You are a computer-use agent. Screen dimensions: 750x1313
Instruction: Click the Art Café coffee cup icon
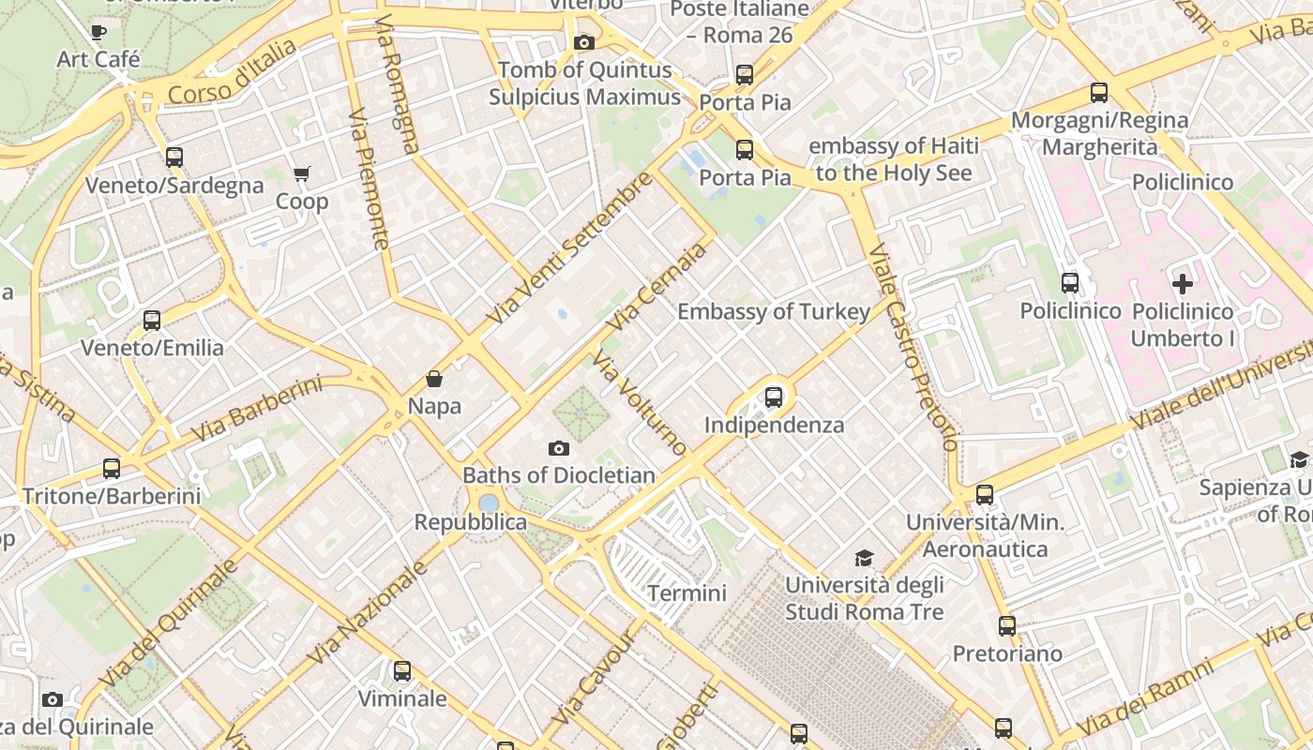98,33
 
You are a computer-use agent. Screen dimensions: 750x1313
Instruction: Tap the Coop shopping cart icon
301,174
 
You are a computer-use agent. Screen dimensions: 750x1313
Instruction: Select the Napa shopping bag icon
434,379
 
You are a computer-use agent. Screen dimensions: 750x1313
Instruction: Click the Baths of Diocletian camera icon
559,449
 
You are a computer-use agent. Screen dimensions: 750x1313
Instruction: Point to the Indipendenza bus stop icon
774,397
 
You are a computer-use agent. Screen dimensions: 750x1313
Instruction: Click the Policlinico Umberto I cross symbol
1183,283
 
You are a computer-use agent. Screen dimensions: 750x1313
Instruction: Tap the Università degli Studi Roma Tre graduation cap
864,559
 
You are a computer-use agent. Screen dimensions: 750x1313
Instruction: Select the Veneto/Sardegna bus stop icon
174,157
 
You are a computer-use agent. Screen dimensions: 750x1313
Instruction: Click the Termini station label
687,593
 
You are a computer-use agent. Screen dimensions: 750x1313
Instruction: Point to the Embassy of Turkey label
774,312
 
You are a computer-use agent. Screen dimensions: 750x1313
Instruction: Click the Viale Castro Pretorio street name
910,347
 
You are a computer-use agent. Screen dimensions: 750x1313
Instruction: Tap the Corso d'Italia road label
233,72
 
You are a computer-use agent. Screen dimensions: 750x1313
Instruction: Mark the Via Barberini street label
255,410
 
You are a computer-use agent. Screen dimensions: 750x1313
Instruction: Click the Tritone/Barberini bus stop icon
112,469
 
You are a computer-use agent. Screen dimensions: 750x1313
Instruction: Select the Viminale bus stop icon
402,671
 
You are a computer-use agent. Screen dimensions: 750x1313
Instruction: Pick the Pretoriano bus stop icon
1007,626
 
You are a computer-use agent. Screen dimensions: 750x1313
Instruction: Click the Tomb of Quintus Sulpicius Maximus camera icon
584,43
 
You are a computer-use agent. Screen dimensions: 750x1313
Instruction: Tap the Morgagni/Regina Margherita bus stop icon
1099,93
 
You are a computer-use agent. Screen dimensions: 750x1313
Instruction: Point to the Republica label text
471,522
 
